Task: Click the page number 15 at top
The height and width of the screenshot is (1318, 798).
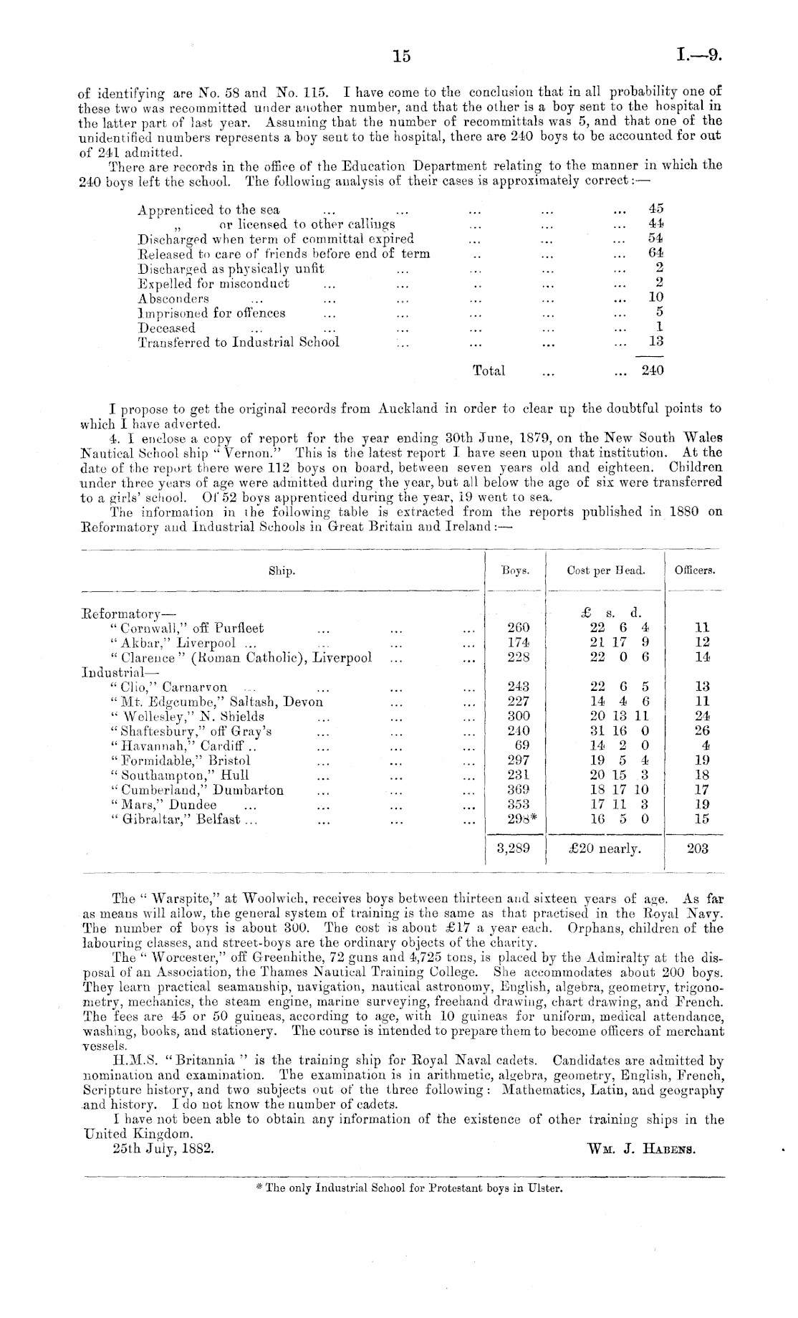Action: click(402, 56)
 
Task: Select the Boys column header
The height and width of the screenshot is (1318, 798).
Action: click(515, 571)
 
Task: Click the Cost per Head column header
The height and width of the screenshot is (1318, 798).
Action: click(605, 571)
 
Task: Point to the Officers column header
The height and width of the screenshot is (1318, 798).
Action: click(694, 571)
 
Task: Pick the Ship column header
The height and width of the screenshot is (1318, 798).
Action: click(282, 571)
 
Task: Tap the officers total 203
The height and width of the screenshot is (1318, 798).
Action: click(697, 849)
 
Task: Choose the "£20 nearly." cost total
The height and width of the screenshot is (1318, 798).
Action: click(605, 849)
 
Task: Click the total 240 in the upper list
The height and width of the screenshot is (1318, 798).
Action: click(653, 371)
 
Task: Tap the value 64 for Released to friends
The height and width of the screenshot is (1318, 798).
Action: click(655, 253)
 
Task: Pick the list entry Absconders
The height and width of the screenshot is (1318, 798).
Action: click(173, 298)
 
